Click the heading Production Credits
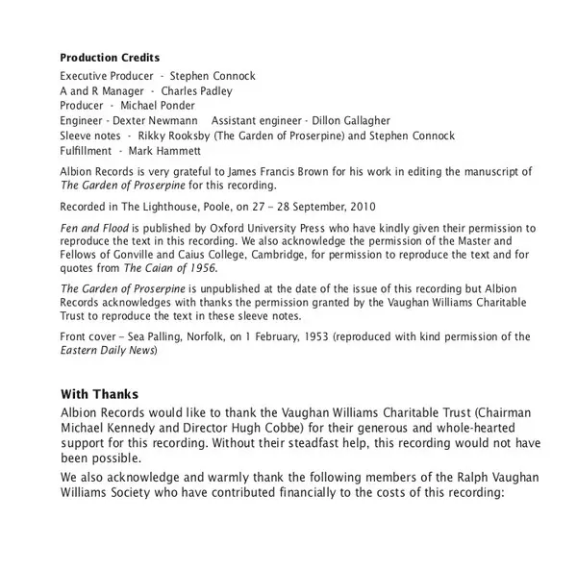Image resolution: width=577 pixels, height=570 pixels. pos(111,58)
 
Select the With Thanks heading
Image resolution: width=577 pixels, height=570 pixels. pos(100,394)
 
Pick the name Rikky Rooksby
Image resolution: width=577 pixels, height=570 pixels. pos(179,136)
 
